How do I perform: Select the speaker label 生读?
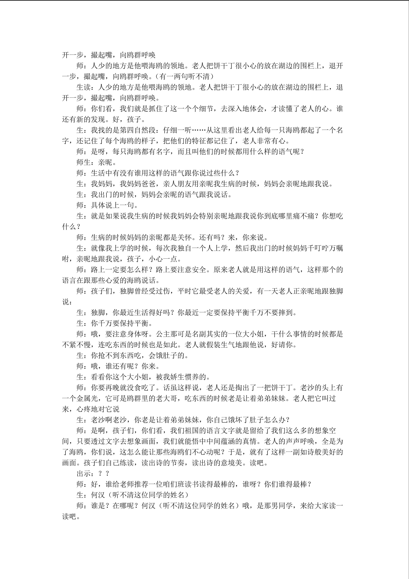[x=83, y=87]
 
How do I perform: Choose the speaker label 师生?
[x=83, y=162]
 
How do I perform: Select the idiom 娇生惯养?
[x=185, y=377]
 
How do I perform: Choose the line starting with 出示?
[x=92, y=474]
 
